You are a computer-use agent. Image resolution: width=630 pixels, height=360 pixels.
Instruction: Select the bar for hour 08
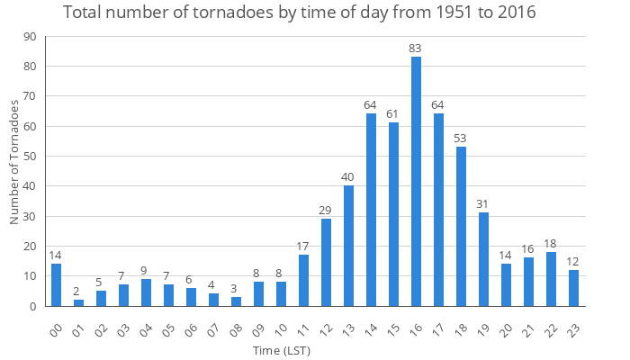pyautogui.click(x=236, y=301)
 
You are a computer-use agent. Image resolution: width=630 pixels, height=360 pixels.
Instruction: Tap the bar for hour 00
pyautogui.click(x=56, y=285)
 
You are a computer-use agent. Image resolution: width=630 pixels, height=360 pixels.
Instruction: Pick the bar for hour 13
pyautogui.click(x=348, y=246)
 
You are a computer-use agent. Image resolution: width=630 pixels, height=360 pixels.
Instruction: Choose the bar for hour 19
pyautogui.click(x=483, y=259)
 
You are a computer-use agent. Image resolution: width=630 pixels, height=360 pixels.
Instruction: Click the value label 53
pyautogui.click(x=461, y=139)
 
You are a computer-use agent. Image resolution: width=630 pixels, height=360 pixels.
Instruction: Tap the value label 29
pyautogui.click(x=326, y=211)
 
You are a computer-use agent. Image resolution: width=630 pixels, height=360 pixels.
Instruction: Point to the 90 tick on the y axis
pyautogui.click(x=30, y=36)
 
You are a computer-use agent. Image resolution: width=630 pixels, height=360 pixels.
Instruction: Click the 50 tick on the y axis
pyautogui.click(x=30, y=157)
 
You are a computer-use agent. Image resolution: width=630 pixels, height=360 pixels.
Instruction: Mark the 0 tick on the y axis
pyautogui.click(x=33, y=306)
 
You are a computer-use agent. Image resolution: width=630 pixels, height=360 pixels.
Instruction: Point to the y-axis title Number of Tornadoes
pyautogui.click(x=14, y=163)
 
